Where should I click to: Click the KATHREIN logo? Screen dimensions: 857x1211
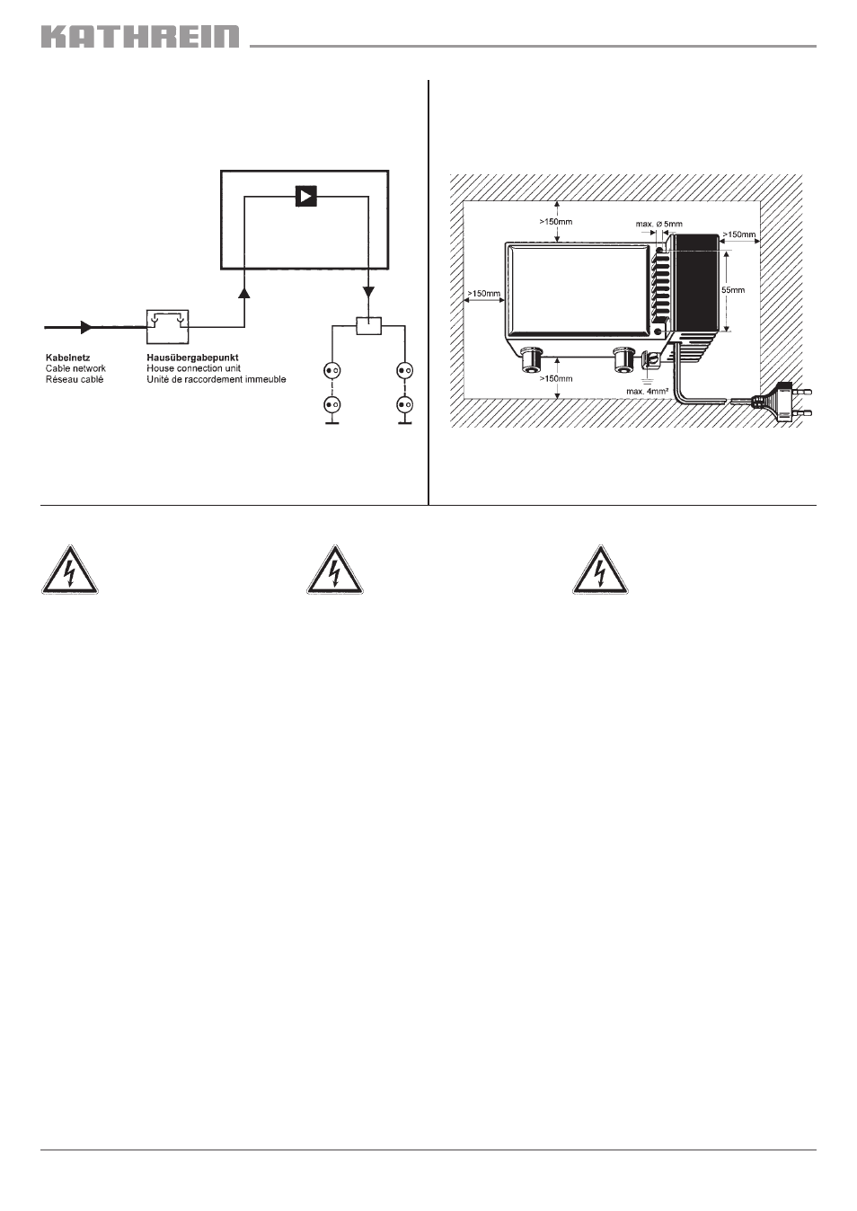(x=140, y=36)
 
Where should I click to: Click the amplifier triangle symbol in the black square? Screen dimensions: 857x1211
(x=306, y=196)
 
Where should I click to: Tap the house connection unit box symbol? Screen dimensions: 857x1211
(x=168, y=326)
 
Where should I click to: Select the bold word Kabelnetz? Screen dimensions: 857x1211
(x=67, y=358)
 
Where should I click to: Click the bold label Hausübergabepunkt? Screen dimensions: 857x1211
(x=192, y=358)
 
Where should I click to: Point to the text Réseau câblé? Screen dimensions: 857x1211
(x=74, y=379)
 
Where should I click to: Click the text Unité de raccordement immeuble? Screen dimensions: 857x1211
(x=216, y=379)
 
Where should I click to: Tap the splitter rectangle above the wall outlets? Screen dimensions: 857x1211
(x=368, y=326)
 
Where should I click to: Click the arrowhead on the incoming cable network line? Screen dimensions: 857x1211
(x=86, y=327)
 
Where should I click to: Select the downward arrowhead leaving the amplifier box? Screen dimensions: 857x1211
(x=368, y=292)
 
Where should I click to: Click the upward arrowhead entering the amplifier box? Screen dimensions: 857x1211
(x=244, y=292)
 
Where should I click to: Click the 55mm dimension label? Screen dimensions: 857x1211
(x=733, y=290)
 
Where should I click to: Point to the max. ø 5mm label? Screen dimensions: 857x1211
(x=658, y=224)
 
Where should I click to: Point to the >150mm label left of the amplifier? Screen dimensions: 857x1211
(x=484, y=294)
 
